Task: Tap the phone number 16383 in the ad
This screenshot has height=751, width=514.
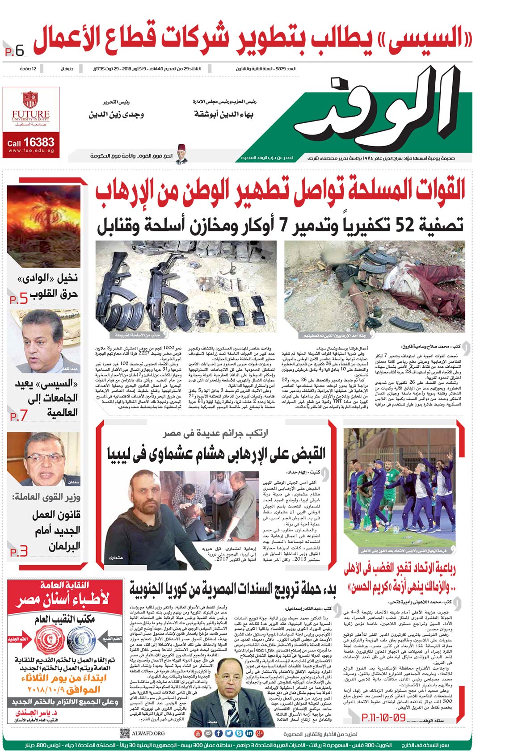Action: pos(39,143)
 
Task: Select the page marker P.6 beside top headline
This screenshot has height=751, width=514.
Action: pos(15,51)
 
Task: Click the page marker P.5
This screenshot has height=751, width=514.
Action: pos(19,299)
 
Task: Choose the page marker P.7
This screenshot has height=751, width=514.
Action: pos(19,416)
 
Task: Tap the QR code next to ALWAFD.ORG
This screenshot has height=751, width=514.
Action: pos(125,733)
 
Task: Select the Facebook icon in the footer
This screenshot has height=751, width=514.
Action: pos(219,733)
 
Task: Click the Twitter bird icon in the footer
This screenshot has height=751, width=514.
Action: pos(228,733)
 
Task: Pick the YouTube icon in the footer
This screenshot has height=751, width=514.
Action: pos(198,733)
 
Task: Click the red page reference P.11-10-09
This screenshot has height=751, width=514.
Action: pos(383,717)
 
